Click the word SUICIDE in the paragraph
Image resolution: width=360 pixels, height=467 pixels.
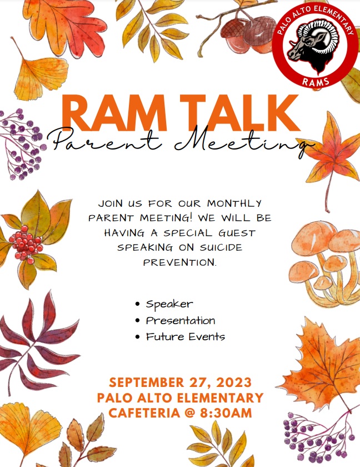tap(222, 247)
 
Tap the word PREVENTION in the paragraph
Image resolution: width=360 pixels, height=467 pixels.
tap(180, 261)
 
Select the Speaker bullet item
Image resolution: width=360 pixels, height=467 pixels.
tap(169, 304)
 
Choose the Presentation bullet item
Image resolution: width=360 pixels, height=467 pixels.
tap(181, 320)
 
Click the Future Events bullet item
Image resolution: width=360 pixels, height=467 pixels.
tap(185, 337)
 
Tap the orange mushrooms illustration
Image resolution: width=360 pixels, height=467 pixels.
tap(323, 261)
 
